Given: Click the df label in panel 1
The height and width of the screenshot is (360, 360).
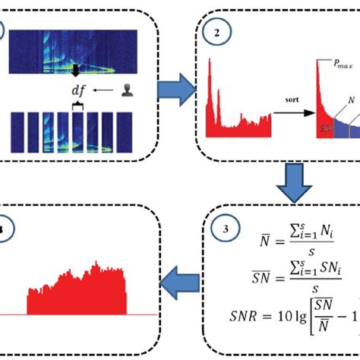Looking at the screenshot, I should click(x=78, y=89).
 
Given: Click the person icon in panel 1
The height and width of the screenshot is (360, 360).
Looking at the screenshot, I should click(x=123, y=90).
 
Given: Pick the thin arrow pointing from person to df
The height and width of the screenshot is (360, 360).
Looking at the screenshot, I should click(x=101, y=90).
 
